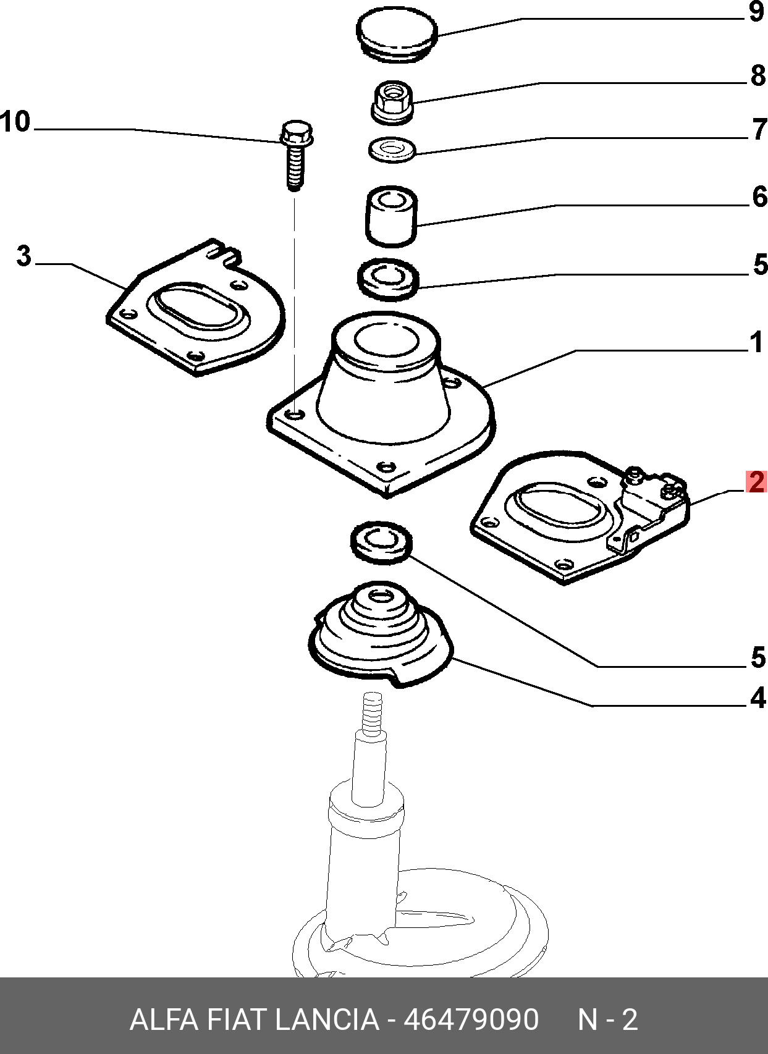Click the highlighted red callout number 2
[x=756, y=482]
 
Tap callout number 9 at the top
[x=757, y=12]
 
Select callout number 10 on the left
[x=15, y=122]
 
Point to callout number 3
[x=23, y=256]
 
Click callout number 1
[x=756, y=342]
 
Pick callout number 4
[x=757, y=698]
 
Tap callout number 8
[x=758, y=76]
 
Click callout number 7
[x=759, y=130]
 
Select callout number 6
[x=759, y=197]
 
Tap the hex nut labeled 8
[x=392, y=101]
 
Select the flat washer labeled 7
[x=392, y=150]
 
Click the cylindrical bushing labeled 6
[x=391, y=216]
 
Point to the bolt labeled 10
[x=296, y=154]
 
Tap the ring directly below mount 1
[x=381, y=541]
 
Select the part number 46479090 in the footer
[x=471, y=1019]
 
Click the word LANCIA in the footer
[x=326, y=1019]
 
